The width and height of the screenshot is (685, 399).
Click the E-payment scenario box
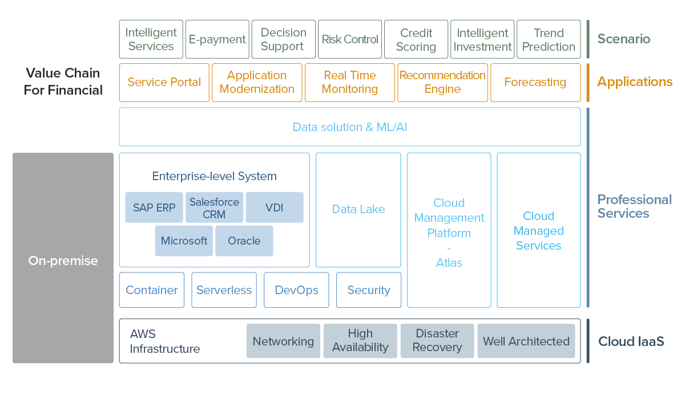[x=217, y=39]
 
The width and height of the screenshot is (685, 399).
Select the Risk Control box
[x=350, y=39]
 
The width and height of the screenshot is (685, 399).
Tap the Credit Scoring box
[x=416, y=39]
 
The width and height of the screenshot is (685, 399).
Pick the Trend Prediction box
[x=549, y=39]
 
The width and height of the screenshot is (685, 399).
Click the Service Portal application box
[x=164, y=82]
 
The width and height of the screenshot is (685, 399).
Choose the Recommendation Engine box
[x=442, y=82]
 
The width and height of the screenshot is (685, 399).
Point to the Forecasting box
[x=535, y=82]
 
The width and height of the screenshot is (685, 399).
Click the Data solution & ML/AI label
[x=349, y=127]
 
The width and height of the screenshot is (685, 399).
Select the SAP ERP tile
[x=154, y=207]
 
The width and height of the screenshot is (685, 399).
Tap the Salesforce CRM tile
[x=215, y=207]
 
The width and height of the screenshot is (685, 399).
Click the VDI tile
[x=275, y=207]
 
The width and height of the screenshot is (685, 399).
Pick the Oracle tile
[x=244, y=241]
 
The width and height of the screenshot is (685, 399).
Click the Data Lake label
[x=358, y=209]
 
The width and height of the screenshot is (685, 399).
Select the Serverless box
[x=224, y=290]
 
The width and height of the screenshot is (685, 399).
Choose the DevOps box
[x=296, y=290]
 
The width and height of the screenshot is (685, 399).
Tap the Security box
[x=369, y=290]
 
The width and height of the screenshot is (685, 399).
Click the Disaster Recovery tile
[x=437, y=341]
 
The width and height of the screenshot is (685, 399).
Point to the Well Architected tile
[x=526, y=341]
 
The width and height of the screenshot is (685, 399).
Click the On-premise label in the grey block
[x=63, y=260]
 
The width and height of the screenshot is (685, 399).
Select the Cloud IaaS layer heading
[x=631, y=341]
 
